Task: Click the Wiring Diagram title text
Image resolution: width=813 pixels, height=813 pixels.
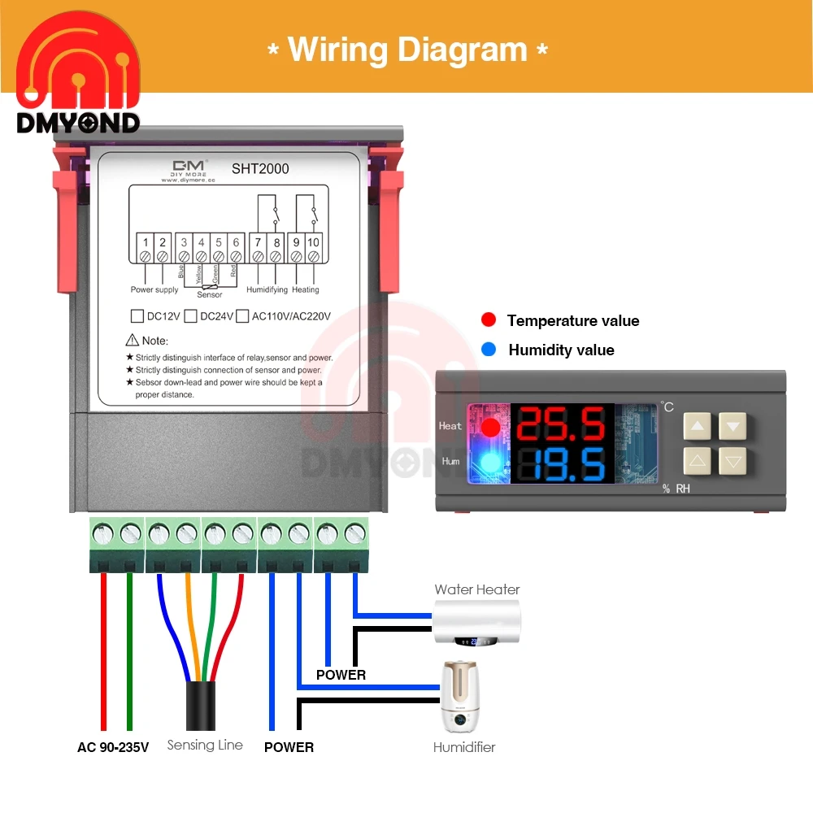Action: pos(408,50)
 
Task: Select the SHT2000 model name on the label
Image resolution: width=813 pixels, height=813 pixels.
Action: pos(261,169)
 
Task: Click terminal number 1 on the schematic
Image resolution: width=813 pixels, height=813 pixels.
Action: pos(146,241)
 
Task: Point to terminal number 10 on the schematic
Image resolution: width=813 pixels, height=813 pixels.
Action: pos(314,241)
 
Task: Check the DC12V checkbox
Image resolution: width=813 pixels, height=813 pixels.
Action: pos(137,316)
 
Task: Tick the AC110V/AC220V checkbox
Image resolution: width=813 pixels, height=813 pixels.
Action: pos(242,316)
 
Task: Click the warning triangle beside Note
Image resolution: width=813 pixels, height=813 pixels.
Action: pos(133,341)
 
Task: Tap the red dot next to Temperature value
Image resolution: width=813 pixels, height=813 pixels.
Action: pos(489,320)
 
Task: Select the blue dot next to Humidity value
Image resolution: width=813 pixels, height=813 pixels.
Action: pos(489,350)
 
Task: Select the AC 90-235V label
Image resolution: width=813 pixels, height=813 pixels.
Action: pos(113,747)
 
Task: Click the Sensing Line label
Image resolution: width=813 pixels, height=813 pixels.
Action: pos(205,745)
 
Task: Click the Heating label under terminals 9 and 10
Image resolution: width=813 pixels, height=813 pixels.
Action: pos(306,289)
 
